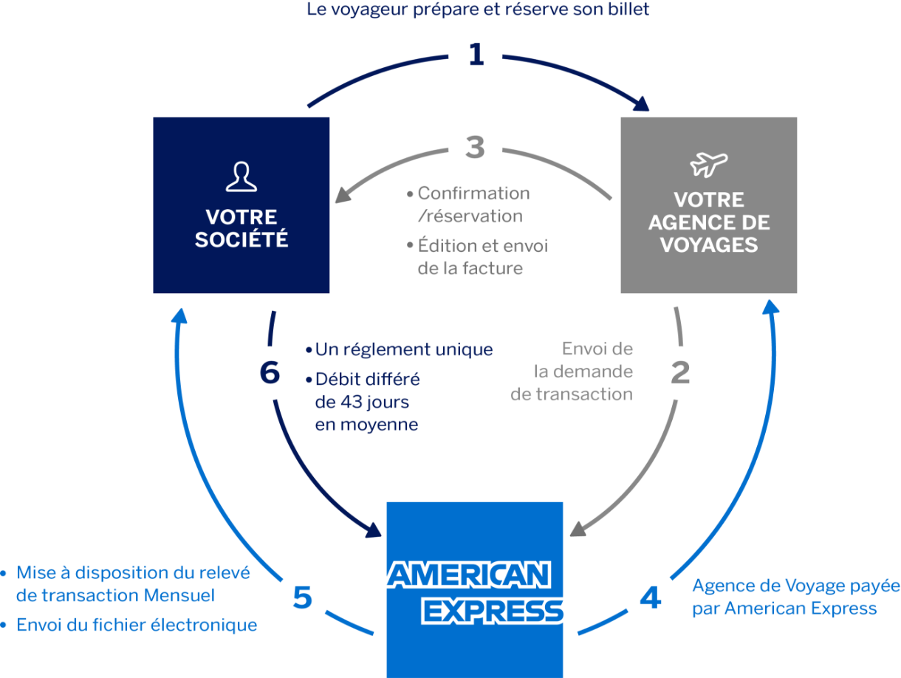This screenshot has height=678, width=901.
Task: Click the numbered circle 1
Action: click(476, 55)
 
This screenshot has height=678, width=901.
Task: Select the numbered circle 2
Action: click(679, 373)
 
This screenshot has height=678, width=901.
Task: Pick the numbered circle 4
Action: click(650, 597)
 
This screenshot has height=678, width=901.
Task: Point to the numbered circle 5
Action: click(302, 597)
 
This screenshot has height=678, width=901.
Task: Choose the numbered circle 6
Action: click(270, 373)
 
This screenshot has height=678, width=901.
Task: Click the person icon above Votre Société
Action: click(241, 177)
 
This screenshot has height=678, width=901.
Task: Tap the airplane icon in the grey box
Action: click(709, 164)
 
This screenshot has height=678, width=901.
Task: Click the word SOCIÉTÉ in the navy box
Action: click(241, 239)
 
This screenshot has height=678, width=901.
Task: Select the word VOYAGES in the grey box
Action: click(709, 244)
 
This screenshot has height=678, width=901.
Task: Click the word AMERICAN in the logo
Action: click(470, 575)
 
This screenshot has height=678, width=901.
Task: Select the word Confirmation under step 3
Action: click(473, 194)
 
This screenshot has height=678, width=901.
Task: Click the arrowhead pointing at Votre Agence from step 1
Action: click(640, 105)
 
